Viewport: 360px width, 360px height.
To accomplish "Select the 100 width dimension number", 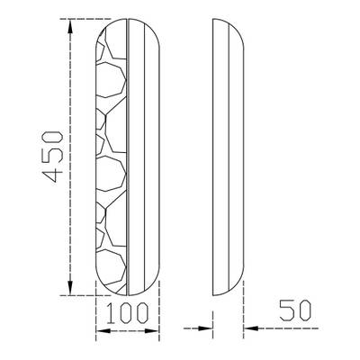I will [126, 315].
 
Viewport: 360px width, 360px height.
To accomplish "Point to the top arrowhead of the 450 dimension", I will [69, 27].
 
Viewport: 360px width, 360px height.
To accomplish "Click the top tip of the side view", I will [213, 21].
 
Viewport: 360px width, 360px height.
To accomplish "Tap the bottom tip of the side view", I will [213, 293].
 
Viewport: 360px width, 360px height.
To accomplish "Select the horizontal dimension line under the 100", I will [126, 332].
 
